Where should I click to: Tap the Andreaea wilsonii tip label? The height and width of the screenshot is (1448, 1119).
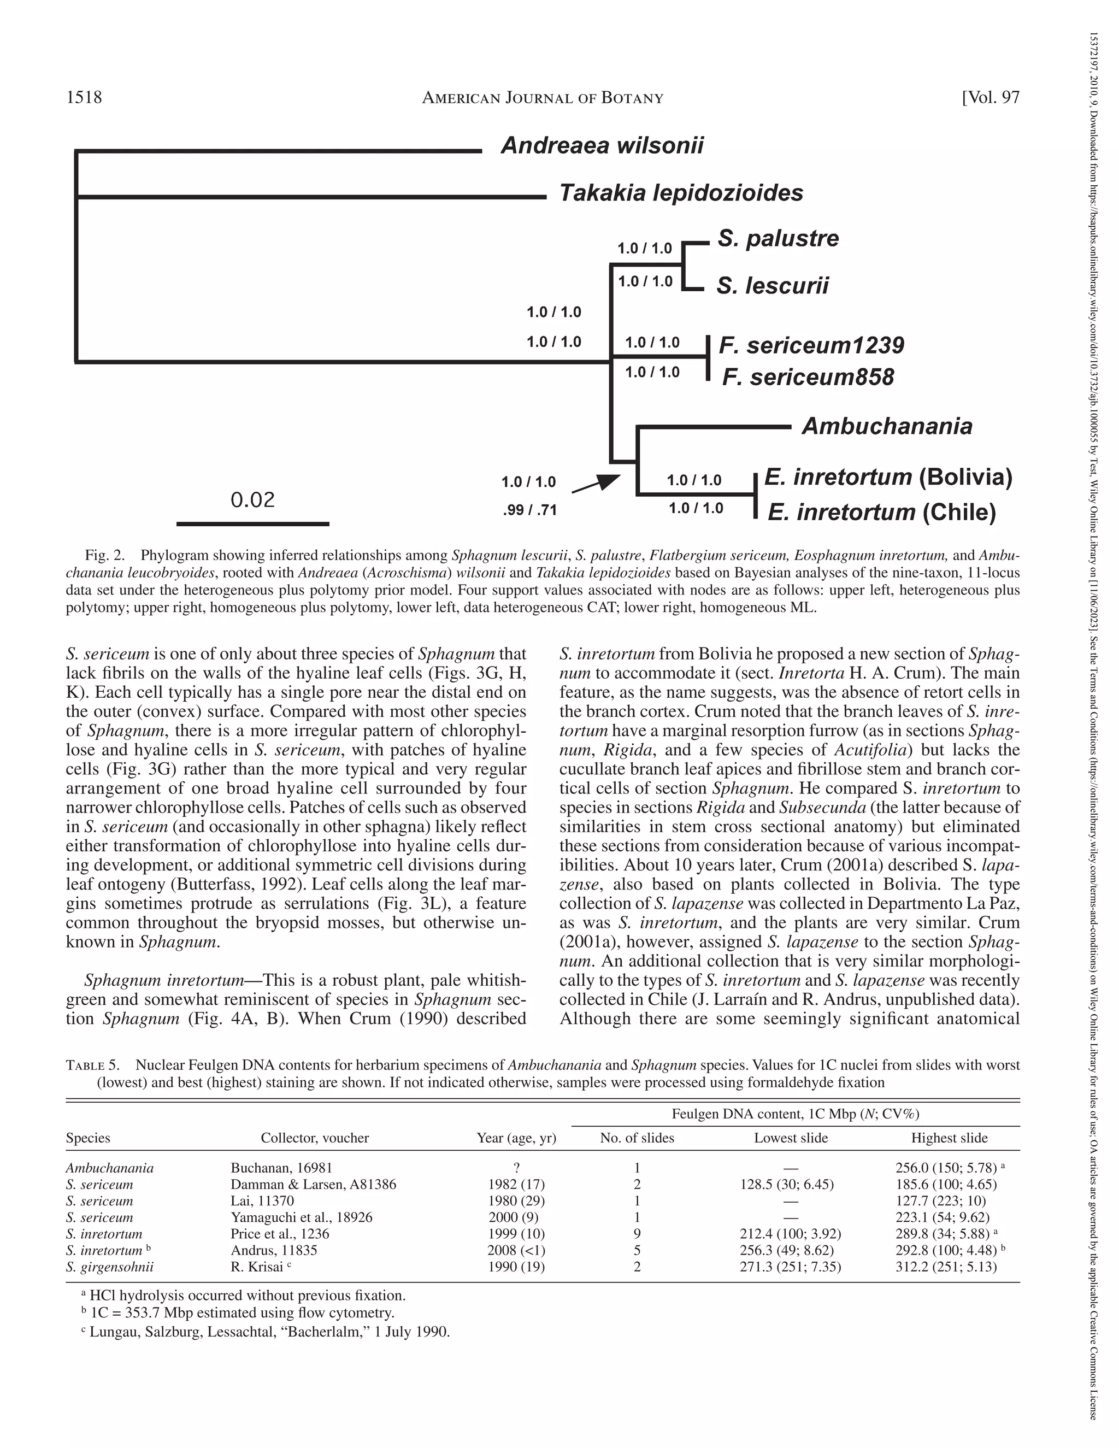[x=602, y=145]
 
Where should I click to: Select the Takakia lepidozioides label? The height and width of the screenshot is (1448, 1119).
[x=681, y=193]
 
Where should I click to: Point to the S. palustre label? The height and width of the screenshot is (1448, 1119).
[x=778, y=238]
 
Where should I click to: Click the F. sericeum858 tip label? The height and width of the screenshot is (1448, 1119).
[x=808, y=377]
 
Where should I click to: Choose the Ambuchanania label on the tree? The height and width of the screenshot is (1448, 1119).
[x=887, y=426]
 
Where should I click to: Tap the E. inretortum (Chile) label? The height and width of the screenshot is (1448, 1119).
[x=881, y=512]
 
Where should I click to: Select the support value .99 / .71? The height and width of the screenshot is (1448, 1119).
[x=528, y=510]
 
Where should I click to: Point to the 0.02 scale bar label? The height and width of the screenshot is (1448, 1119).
[x=252, y=500]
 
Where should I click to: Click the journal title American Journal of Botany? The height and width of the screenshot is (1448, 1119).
[x=542, y=98]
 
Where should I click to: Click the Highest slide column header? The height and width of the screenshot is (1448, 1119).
[x=949, y=1138]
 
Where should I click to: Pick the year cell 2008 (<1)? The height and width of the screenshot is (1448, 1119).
[x=516, y=1250]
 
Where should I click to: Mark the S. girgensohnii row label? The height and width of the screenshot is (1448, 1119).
[x=109, y=1267]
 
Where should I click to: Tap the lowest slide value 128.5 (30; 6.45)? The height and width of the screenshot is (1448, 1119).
[x=791, y=1184]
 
